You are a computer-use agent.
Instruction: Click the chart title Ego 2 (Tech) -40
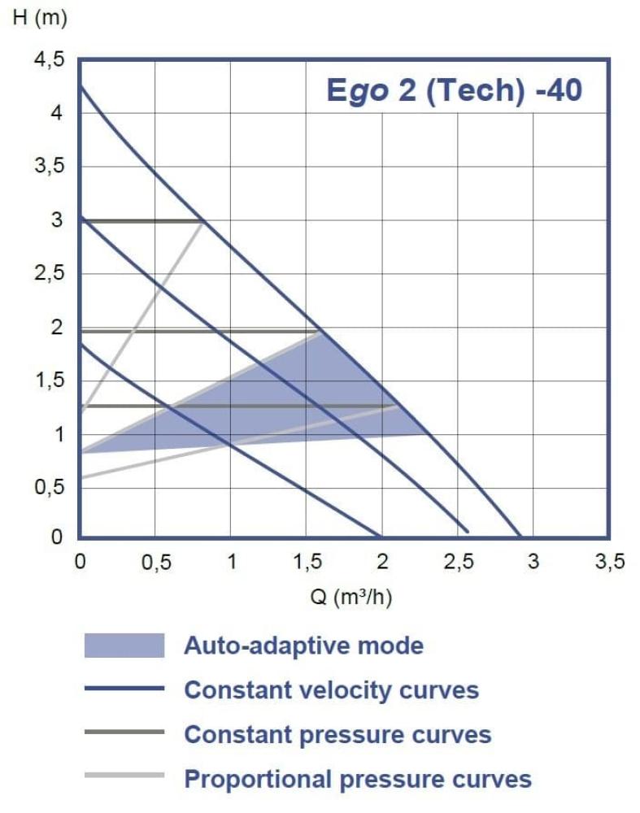tap(454, 90)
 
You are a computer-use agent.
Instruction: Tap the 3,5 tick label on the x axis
tap(608, 563)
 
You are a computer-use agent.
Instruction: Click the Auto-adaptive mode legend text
tap(303, 646)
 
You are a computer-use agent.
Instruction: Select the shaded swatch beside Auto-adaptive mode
tap(124, 646)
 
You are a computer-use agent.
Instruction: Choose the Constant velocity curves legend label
tap(331, 690)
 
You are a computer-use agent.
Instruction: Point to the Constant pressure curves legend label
tap(337, 735)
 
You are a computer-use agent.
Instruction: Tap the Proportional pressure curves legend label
tap(358, 780)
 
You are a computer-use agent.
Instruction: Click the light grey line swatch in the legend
tap(124, 775)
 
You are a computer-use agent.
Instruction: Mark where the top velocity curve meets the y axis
tap(80, 85)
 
